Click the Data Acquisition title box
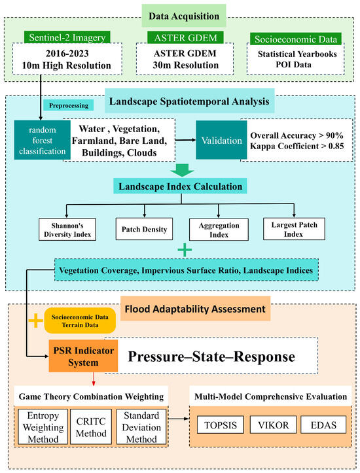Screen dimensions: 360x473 [x=184, y=16]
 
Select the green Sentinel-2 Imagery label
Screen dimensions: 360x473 [x=67, y=37]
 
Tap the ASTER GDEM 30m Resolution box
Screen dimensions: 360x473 [x=185, y=59]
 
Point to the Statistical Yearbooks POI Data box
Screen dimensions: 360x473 [x=295, y=59]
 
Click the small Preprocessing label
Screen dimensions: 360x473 [x=69, y=105]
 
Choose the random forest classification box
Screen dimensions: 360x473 [x=43, y=140]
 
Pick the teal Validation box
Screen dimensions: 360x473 [x=221, y=140]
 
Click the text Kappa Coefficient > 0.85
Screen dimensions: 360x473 [x=297, y=147]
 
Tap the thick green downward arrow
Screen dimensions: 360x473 [x=182, y=170]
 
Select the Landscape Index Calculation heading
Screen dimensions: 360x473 [x=180, y=186]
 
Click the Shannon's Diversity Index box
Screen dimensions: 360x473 [x=67, y=230]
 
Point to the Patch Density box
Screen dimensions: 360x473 [x=144, y=229]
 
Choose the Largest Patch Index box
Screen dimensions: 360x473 [x=294, y=229]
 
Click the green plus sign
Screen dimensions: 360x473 [x=185, y=250]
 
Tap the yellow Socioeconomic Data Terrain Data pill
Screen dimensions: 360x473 [x=80, y=321]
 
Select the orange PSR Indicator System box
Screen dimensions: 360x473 [x=83, y=357]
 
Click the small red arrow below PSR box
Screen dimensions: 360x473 [x=94, y=379]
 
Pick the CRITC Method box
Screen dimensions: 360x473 [x=91, y=427]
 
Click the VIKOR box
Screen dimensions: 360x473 [x=273, y=425]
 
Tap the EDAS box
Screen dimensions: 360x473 [x=323, y=425]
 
